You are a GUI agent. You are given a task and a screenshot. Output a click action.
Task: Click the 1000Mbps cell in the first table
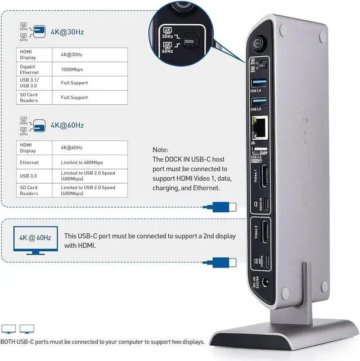70,69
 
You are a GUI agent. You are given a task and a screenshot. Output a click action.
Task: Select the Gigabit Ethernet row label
29,69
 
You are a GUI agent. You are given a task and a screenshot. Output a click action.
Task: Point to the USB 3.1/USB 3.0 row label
29,83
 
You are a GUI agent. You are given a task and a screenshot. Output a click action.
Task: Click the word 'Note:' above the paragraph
160,150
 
